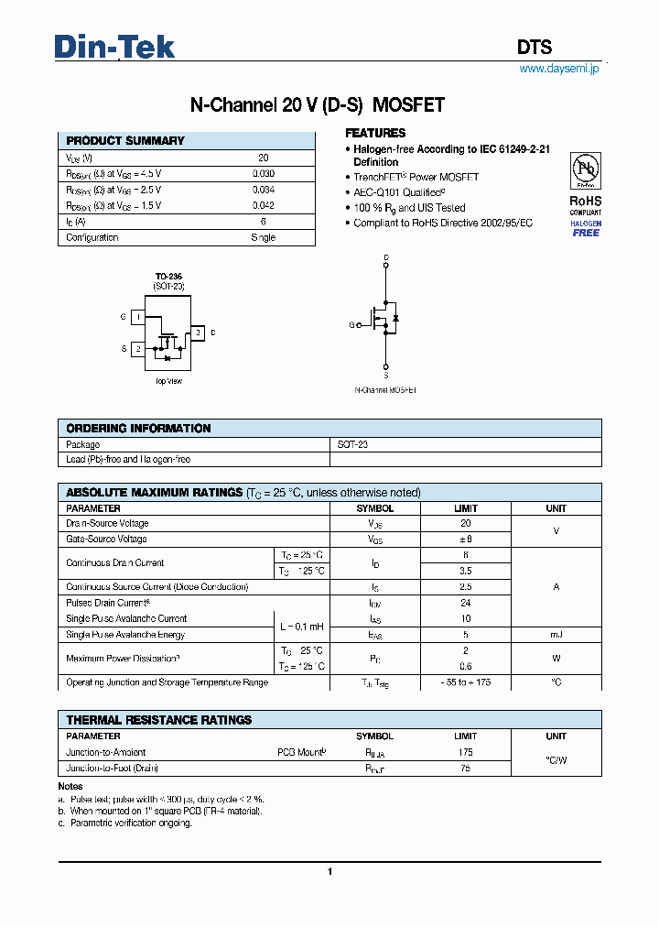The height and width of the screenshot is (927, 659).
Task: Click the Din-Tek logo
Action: pos(114,47)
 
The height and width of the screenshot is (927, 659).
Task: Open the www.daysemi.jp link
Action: pos(558,69)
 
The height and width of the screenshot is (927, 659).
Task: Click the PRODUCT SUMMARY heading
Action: pos(125,141)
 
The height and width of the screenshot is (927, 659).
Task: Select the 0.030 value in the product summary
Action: pos(263,174)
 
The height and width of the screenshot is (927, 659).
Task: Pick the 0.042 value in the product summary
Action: pos(263,206)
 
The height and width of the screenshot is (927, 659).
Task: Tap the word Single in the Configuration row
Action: pos(263,237)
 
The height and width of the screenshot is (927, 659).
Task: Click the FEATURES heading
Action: pos(375,133)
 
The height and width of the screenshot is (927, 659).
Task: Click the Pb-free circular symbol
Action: pos(585,171)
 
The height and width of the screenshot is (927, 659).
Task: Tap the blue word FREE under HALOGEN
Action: pos(586,233)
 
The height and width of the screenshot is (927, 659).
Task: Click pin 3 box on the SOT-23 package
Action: pos(196,333)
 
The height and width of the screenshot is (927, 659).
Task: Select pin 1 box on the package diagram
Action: pos(137,317)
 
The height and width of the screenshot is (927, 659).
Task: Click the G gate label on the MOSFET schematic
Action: pos(351,325)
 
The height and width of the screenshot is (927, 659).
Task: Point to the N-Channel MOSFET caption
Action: pos(385,390)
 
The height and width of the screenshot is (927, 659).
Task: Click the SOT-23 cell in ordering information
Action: pos(352,444)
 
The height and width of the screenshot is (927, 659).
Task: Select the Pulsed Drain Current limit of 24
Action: pos(466,604)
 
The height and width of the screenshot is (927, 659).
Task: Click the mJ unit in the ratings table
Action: pos(556,635)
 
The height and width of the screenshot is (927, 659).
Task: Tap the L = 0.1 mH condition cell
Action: pos(301,627)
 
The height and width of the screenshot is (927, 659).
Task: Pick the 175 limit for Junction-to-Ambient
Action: pos(466,752)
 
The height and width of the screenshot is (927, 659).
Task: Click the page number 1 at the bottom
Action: pos(329,872)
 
